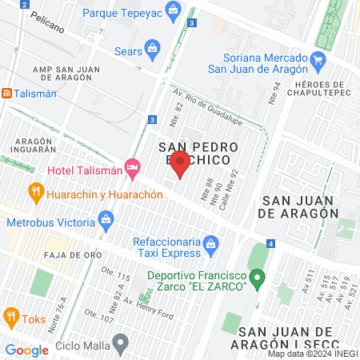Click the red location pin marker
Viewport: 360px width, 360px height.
pos(181,163)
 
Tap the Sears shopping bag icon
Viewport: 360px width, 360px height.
pos(152,50)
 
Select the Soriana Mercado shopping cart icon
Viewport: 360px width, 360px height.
pos(318,58)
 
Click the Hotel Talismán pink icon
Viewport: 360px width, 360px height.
pos(133,170)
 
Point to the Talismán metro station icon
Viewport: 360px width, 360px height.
pos(6,93)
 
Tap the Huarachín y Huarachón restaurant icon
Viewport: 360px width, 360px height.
pos(34,192)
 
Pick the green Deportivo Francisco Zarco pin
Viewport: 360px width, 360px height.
pos(257,279)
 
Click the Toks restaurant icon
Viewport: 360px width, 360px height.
pos(10,316)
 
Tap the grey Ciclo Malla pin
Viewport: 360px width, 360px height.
pos(121,345)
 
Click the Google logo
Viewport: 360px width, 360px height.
pos(26,350)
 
